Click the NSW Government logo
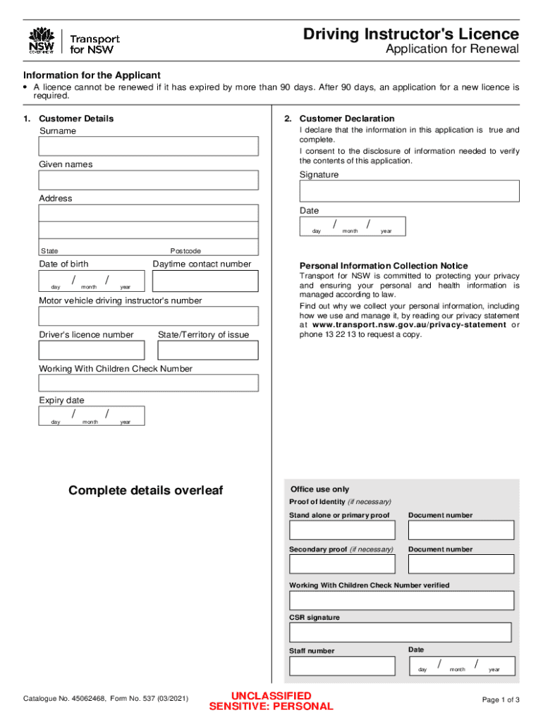tap(42, 42)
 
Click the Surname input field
tap(148, 146)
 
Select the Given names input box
tap(148, 180)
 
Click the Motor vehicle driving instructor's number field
tap(148, 316)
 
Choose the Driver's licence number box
tap(92, 350)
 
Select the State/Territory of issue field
tap(207, 350)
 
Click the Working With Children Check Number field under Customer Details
tap(148, 383)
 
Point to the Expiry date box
tap(92, 416)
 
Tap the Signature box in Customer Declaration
tap(409, 191)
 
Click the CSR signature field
tap(400, 632)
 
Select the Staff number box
tap(342, 666)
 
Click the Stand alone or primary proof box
tap(342, 530)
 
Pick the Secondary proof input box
tap(342, 564)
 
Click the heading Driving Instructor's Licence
tap(410, 34)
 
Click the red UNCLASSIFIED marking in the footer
tap(271, 696)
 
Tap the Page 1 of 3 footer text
tap(501, 700)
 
